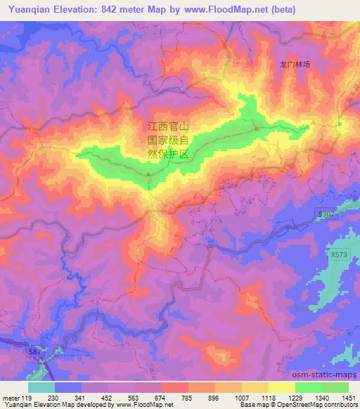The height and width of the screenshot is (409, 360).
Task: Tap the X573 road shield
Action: [339, 255]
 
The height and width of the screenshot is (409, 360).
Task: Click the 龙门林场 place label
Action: [295, 64]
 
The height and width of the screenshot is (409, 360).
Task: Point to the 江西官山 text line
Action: [168, 126]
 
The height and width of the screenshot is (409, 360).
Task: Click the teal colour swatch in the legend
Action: [41, 387]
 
